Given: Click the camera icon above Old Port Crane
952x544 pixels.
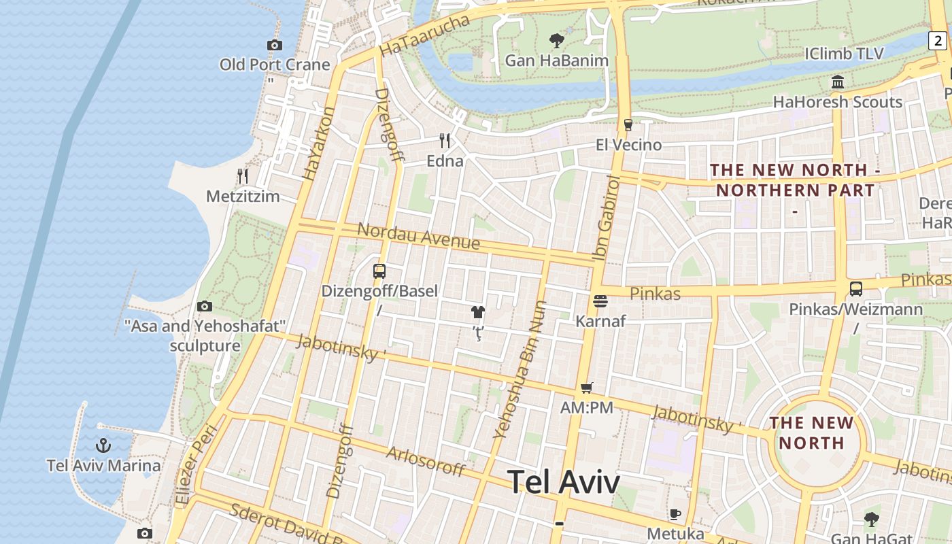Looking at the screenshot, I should (x=275, y=46).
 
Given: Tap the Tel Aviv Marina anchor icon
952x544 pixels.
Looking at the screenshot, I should (x=103, y=446).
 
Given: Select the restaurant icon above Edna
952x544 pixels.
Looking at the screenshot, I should (x=445, y=141).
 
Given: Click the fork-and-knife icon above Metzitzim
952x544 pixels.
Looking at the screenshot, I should (x=243, y=176).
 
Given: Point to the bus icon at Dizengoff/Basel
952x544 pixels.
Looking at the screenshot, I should (x=379, y=271).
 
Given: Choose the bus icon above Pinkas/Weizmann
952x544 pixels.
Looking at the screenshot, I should (x=856, y=289).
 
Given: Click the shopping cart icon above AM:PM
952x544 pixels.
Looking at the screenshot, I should (x=587, y=388).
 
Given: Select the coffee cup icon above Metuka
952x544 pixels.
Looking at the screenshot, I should (x=675, y=514).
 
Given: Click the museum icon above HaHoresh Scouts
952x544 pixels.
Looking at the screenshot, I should (x=838, y=82).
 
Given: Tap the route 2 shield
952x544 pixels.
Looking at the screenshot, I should (x=938, y=40).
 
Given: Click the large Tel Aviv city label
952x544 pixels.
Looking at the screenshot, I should (x=564, y=482).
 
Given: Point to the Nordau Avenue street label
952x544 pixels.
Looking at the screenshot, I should (x=418, y=235).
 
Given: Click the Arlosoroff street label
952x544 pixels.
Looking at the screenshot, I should (x=426, y=461).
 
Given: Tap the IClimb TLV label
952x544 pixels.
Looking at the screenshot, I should (x=844, y=54).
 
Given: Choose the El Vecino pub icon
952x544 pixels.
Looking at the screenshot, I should (x=628, y=125).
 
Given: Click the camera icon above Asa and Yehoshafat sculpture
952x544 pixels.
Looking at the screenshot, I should (x=205, y=307).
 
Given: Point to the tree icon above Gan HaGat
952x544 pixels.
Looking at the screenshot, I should (x=871, y=520).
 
